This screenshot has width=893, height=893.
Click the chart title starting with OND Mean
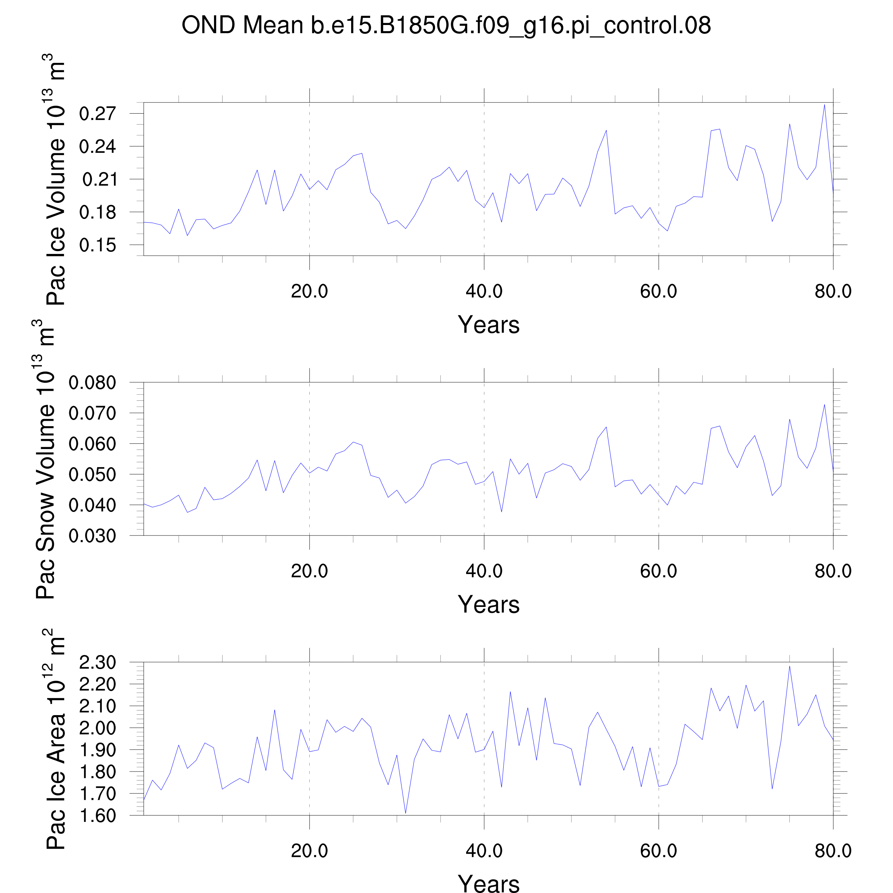pos(446,25)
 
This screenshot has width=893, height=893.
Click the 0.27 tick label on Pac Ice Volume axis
pos(97,114)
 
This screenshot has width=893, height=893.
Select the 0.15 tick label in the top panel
pos(97,245)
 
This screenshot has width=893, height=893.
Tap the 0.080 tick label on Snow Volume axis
pos(92,383)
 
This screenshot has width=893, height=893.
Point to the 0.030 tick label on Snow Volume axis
pos(92,536)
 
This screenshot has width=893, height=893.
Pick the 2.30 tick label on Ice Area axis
pos(97,662)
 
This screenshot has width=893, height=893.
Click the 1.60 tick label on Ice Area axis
pos(97,816)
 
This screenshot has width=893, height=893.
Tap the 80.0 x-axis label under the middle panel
pos(833,571)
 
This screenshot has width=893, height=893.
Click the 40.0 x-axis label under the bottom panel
pos(484,851)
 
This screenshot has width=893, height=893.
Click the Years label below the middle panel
pos(489,605)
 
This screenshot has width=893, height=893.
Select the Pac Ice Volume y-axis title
pos(55,180)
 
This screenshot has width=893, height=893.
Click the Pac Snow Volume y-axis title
pos(45,460)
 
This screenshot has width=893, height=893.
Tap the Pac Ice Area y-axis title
pos(55,739)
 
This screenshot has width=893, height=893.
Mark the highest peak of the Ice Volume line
pos(824,104)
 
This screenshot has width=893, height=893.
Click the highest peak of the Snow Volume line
pos(824,404)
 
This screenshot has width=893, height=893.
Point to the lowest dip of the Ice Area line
pos(405,813)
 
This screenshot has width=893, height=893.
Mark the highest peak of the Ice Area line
pos(789,666)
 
